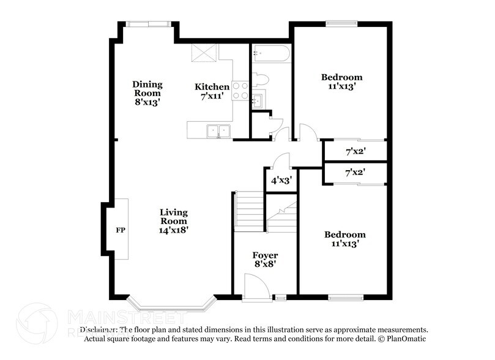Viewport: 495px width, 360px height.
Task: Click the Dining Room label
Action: point(146,93)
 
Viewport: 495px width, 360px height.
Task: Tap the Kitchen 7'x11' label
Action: point(212,92)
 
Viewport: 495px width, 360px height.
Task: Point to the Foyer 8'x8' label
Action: point(265,260)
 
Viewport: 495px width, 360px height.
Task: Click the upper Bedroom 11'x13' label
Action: point(342,82)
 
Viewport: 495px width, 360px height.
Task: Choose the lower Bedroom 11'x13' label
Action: point(344,239)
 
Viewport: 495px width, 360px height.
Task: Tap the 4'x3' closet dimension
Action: point(281,180)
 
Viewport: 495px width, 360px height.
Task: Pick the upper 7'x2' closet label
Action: point(355,150)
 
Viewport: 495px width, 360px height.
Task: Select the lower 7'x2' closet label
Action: point(355,173)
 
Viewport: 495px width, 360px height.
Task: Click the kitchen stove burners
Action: point(240,91)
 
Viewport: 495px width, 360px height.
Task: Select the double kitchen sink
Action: point(218,130)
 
